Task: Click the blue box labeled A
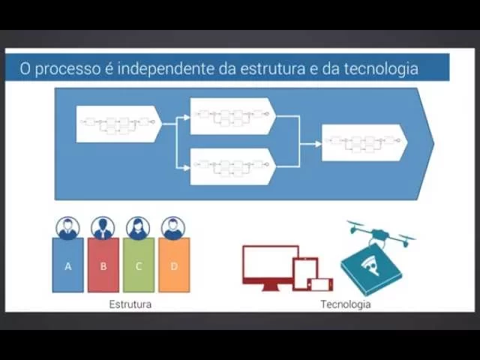pos(67,265)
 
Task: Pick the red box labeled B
pos(103,265)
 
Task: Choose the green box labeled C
pos(139,265)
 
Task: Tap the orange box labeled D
pos(174,265)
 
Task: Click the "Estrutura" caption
pos(130,304)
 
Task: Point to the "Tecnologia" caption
pos(346,304)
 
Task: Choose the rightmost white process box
pos(364,142)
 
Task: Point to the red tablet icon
pos(305,271)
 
